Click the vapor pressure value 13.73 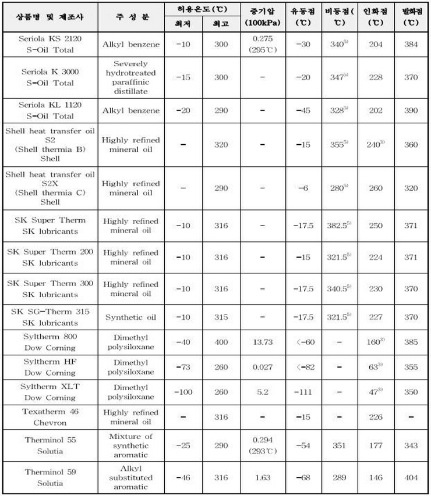(x=260, y=342)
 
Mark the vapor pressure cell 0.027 (x=260, y=367)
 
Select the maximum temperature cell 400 (x=221, y=342)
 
